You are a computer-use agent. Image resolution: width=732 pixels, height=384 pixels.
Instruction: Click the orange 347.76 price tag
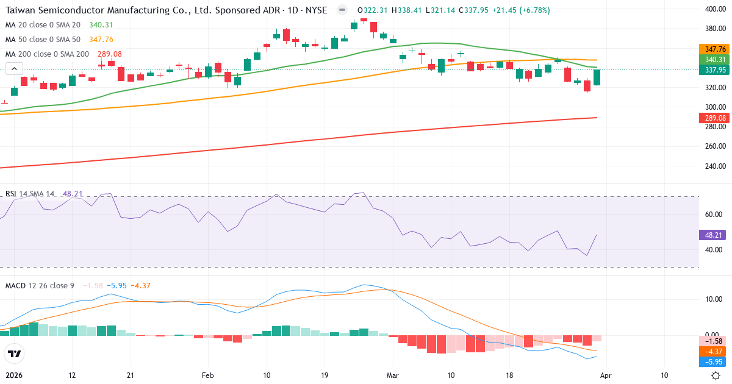pos(714,49)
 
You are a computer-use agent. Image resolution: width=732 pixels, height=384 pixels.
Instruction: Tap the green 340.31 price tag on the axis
pos(714,59)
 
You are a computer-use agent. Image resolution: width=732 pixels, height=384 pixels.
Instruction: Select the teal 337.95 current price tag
pos(714,69)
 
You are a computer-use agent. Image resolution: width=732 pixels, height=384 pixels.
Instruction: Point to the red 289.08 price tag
pos(714,118)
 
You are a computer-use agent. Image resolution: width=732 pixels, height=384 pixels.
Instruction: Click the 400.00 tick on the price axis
pos(714,9)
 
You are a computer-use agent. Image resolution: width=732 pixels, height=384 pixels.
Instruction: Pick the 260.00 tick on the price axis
pos(714,146)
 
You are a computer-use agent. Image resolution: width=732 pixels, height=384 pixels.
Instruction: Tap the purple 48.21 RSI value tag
pos(712,235)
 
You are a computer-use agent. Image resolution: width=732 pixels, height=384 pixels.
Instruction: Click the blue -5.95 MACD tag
pos(714,361)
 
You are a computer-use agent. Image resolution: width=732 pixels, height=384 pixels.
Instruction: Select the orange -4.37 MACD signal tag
pos(714,351)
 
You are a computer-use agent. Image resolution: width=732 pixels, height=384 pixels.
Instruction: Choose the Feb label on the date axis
pos(209,375)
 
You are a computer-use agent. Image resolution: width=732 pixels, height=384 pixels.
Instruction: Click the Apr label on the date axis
pos(606,375)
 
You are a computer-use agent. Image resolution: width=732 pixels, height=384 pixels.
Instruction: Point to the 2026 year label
pos(13,375)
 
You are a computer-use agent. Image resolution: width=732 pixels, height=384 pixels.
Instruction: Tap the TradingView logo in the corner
pos(14,354)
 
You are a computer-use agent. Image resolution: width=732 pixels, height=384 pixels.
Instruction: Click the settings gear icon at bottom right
pos(716,376)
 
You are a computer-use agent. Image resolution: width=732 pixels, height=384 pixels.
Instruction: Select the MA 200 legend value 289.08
pos(110,54)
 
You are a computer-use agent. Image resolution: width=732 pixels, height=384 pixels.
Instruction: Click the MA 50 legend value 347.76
pos(101,39)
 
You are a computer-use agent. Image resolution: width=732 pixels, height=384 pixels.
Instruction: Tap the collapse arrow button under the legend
pos(14,68)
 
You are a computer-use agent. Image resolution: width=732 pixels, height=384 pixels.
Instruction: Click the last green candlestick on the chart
pos(597,77)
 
